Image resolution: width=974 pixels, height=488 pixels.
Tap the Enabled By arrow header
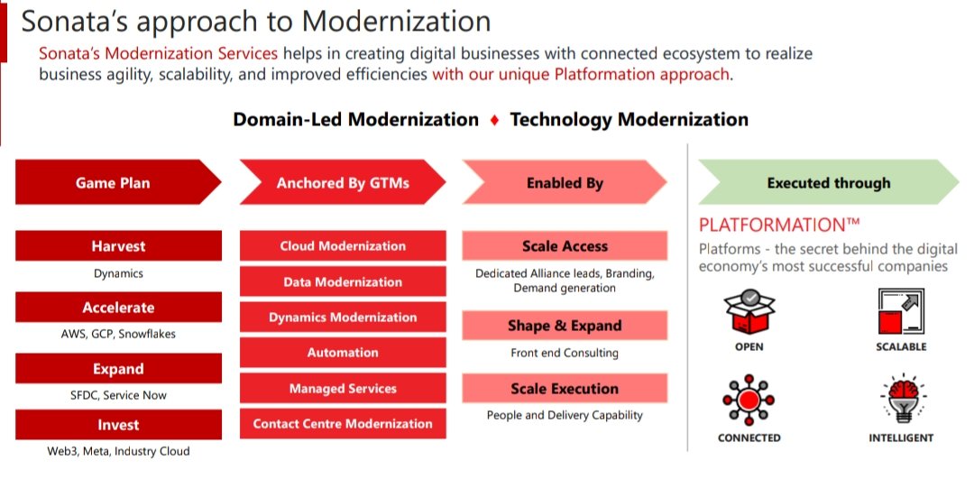click(564, 183)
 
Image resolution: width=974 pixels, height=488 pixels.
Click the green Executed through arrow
click(827, 183)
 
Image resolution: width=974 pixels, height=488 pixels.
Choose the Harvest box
click(118, 246)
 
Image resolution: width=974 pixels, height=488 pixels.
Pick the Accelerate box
click(118, 308)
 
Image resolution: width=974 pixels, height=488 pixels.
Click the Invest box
click(118, 425)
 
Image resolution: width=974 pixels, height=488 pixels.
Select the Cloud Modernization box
click(343, 246)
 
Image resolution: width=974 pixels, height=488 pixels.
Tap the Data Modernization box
click(343, 281)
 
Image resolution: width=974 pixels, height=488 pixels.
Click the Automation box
click(343, 353)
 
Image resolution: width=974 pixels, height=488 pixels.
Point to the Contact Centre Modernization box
click(343, 424)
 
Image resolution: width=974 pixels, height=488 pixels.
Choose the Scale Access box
click(565, 246)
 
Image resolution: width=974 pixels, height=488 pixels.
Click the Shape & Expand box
click(565, 326)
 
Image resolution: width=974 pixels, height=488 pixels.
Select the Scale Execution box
click(565, 389)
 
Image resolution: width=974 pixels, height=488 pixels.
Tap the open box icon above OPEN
click(749, 312)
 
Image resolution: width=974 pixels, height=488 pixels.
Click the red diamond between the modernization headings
click(494, 120)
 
